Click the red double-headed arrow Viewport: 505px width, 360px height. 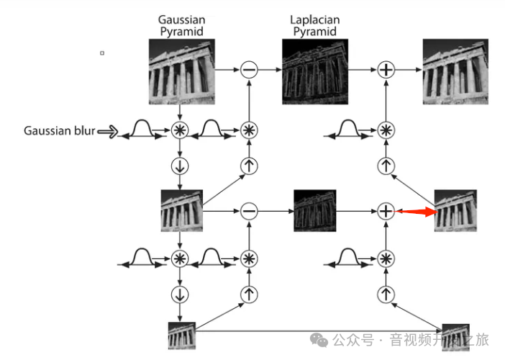point(417,212)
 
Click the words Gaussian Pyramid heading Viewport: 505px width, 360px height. point(181,26)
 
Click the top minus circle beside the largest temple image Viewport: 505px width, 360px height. point(249,69)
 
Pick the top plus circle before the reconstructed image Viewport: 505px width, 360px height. point(387,69)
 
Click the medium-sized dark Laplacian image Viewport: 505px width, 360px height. point(315,211)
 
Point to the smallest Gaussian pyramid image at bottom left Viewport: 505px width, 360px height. point(181,336)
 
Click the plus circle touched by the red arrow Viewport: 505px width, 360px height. point(387,211)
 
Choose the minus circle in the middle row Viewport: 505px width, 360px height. point(249,211)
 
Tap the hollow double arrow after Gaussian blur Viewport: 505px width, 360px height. point(108,131)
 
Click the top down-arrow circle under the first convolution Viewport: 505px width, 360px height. point(180,166)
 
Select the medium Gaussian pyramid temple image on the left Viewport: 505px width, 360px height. point(181,211)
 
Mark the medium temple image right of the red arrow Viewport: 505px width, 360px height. point(456,211)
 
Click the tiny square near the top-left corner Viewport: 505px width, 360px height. point(102,53)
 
